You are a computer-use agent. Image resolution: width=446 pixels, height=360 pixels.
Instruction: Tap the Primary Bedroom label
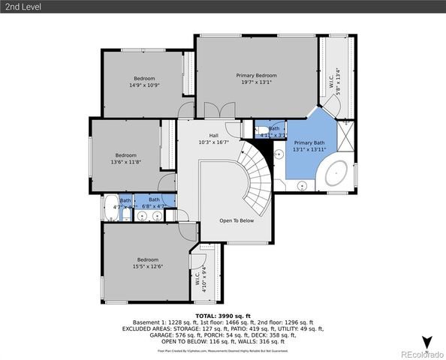click(x=256, y=76)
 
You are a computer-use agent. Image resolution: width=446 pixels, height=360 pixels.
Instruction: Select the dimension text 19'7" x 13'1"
click(x=256, y=82)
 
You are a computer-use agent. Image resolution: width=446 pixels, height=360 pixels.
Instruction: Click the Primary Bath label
click(x=309, y=142)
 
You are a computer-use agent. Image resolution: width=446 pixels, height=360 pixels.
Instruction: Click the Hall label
click(x=203, y=136)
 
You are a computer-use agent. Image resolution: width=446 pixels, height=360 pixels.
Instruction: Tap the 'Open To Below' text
click(x=236, y=221)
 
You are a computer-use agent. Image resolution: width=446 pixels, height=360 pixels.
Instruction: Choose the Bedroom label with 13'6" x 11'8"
click(x=125, y=155)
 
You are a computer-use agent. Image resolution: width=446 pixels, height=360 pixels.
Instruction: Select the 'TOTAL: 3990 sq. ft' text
click(x=222, y=316)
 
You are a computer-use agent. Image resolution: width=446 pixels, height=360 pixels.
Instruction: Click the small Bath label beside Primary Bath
click(x=274, y=128)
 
